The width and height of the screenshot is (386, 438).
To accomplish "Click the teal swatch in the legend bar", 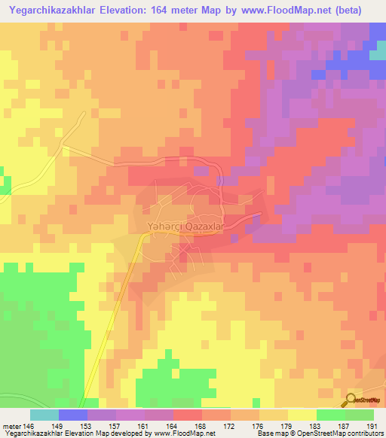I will tap(44, 414).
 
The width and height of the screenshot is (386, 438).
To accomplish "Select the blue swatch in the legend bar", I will tap(72, 414).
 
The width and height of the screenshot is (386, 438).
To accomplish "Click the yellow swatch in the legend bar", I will tap(302, 414).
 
